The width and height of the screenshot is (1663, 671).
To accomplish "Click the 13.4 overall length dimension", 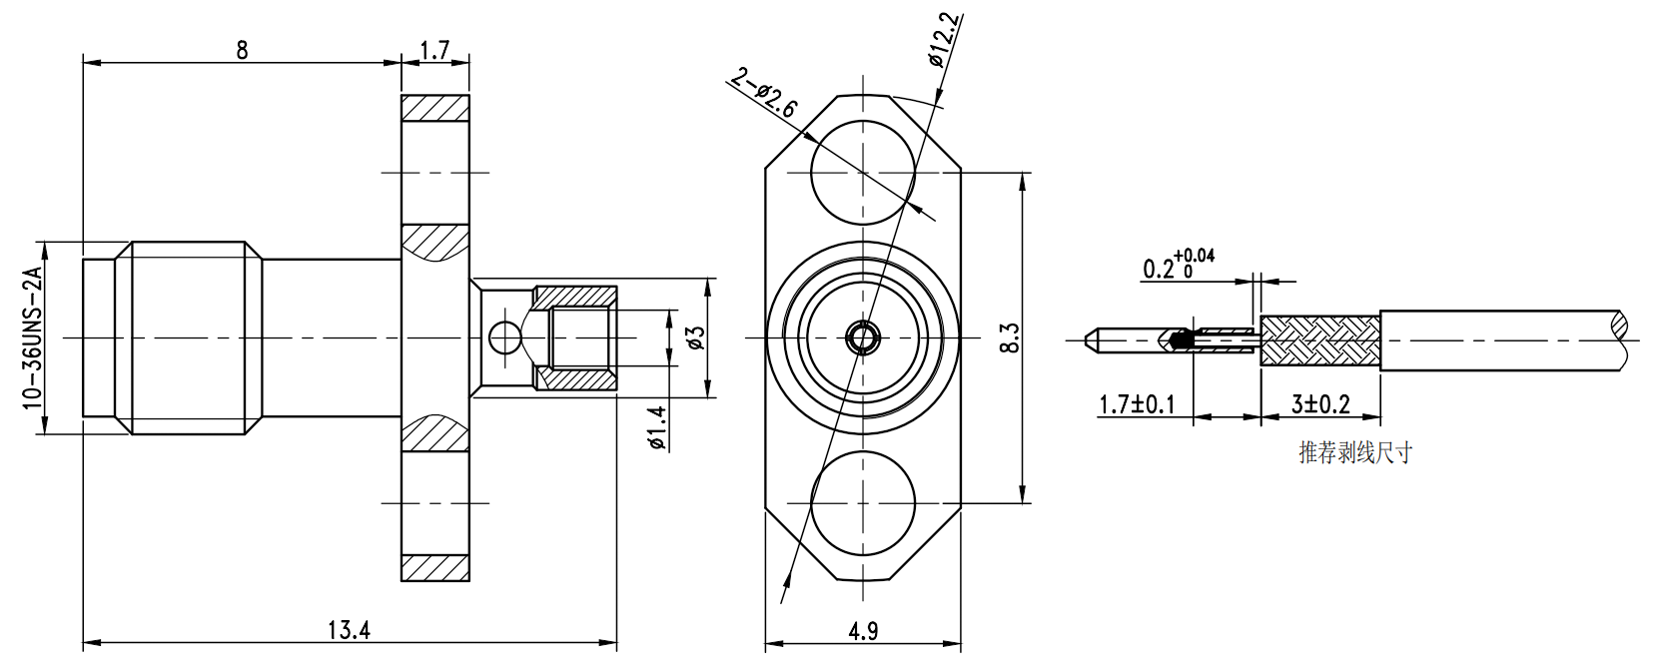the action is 349,630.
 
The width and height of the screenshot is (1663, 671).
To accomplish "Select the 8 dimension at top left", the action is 242,50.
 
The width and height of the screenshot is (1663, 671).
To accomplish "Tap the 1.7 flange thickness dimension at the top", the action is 435,50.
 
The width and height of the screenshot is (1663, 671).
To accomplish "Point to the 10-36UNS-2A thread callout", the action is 32,336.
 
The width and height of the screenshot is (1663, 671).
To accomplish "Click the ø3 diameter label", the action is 695,337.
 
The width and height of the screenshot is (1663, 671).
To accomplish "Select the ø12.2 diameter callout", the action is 944,41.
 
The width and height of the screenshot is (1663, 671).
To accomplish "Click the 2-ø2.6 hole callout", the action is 763,93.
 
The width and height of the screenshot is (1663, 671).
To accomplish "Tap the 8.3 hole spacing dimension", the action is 1011,337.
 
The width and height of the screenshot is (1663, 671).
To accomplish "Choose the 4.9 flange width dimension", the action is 863,631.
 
